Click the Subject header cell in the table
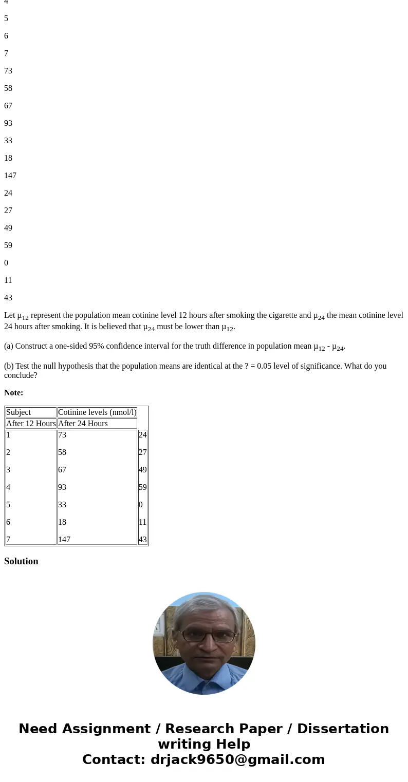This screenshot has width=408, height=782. [18, 412]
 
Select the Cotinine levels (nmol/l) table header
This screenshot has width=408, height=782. [97, 412]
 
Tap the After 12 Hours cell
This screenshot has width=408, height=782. [31, 424]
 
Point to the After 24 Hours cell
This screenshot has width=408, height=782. [83, 424]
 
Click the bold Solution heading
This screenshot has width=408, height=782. [21, 561]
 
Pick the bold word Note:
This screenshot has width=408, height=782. [13, 393]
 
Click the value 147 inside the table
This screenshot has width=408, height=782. [64, 540]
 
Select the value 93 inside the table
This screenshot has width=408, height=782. [62, 487]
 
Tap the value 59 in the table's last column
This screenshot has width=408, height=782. [142, 487]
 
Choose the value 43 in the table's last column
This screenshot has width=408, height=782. [142, 540]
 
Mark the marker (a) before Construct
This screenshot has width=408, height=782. [9, 346]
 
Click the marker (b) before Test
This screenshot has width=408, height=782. [9, 366]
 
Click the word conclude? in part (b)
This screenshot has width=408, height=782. [21, 375]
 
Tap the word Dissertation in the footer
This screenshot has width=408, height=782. [343, 729]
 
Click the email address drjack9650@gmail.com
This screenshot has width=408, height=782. [237, 760]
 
